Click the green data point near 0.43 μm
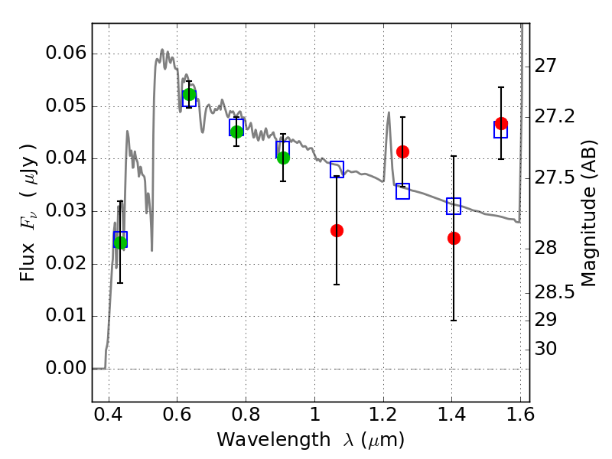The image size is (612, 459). pos(120,243)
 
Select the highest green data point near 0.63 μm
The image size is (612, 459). pos(189,94)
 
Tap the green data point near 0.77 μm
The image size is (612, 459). pos(236,132)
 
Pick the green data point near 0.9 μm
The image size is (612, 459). pos(283,158)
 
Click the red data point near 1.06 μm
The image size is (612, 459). pos(337,231)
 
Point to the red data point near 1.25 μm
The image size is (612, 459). pos(403,151)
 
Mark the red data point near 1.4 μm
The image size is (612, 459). pos(454,238)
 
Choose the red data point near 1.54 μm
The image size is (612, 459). pos(502,124)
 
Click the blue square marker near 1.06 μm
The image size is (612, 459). pos(337,169)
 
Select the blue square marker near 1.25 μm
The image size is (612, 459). pos(403,191)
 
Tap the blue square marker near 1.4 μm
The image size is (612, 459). pos(454,206)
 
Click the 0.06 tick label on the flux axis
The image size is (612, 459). pos(66,53)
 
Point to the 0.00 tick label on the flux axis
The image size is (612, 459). pos(66,368)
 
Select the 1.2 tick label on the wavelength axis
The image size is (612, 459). pos(383,415)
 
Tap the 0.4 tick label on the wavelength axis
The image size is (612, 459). pos(109,415)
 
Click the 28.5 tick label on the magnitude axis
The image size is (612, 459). pos(555,292)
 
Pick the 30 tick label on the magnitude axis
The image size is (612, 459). pos(545,349)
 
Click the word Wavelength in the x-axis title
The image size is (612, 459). pos(274,440)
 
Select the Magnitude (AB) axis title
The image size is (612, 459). pos(589,213)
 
